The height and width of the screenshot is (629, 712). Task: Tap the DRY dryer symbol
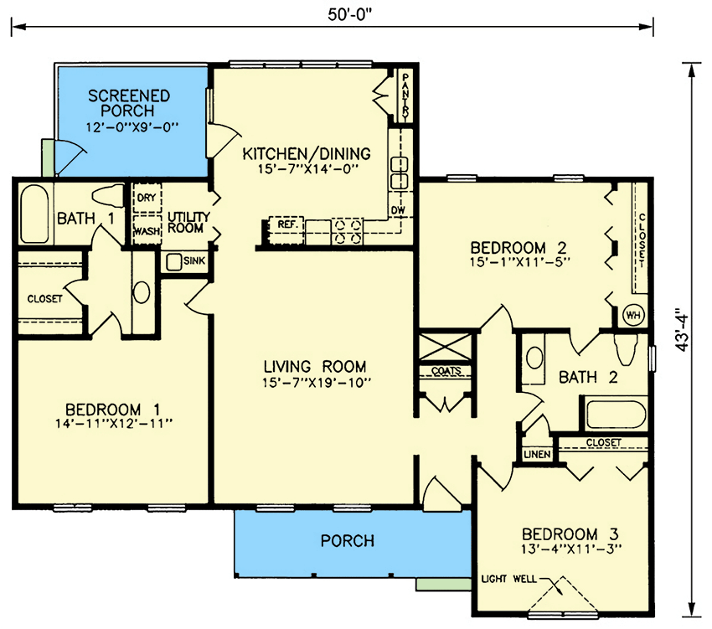point(146,198)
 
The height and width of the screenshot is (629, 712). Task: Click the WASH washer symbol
point(146,229)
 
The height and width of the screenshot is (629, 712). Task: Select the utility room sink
point(174,262)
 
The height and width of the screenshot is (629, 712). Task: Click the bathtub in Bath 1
point(35,215)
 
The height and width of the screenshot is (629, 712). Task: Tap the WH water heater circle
point(632,316)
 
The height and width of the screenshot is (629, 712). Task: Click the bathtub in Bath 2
point(614,415)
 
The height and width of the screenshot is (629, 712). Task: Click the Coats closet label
point(446,371)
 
